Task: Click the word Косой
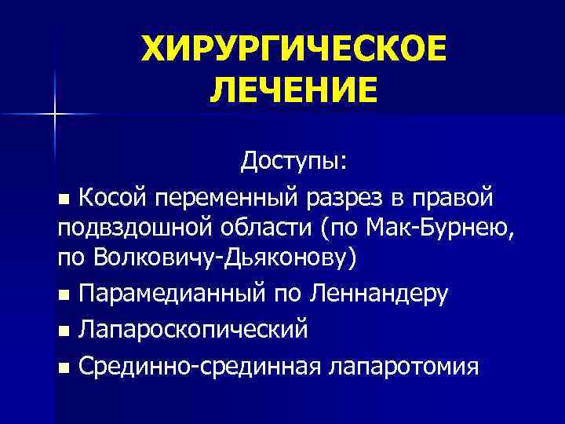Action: [x=115, y=193]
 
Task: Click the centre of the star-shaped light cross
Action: [x=54, y=115]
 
